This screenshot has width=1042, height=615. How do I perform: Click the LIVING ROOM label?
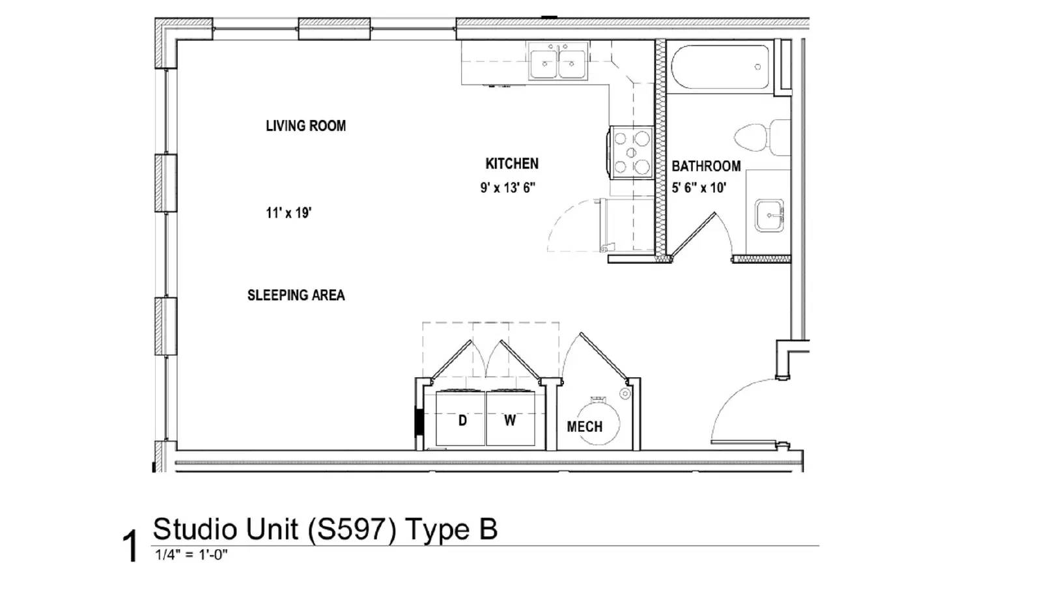tap(305, 126)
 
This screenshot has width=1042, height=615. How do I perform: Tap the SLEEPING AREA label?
tap(296, 295)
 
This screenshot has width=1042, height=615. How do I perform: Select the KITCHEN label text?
tap(512, 164)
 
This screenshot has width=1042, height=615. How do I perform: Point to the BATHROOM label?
tap(706, 166)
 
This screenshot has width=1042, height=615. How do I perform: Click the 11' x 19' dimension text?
tap(289, 212)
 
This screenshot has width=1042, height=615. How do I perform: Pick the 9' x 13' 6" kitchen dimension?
tap(508, 188)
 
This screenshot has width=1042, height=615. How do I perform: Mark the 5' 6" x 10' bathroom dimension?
tap(699, 188)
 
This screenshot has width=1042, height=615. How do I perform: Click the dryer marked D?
tap(461, 419)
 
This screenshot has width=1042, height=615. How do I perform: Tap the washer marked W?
tap(511, 419)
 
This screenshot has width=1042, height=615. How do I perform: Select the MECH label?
tap(584, 427)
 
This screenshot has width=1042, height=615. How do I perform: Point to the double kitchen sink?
tap(558, 62)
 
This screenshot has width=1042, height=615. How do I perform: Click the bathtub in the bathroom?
tap(720, 66)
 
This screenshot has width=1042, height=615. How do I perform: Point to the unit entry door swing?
tap(742, 410)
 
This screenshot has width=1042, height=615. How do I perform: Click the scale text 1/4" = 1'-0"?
tap(191, 555)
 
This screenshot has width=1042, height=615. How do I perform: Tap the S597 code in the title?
tap(351, 529)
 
